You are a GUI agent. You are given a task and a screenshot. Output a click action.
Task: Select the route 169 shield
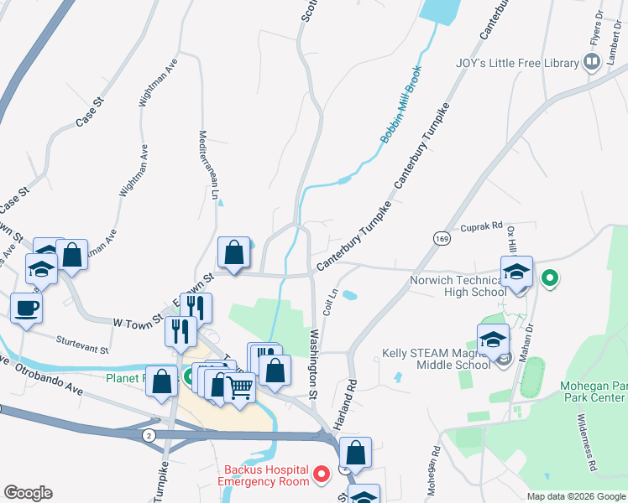(441, 239)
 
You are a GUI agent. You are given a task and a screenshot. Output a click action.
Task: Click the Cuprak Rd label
(479, 226)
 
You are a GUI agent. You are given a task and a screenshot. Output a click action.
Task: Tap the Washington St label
(313, 364)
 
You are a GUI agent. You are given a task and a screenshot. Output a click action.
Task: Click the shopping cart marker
(239, 387)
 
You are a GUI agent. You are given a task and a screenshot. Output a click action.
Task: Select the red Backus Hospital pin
(321, 475)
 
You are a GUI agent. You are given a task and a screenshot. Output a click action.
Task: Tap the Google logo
(27, 493)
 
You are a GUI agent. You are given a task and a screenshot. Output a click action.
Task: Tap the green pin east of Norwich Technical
(550, 277)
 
